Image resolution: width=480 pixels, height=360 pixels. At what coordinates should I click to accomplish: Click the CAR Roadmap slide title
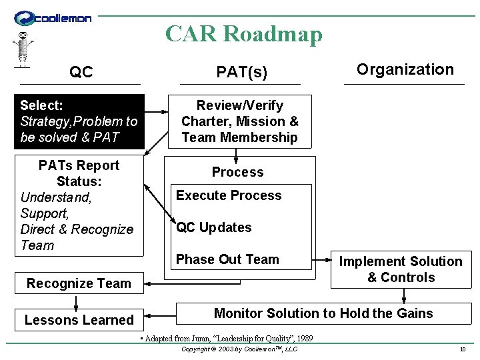[x=243, y=33]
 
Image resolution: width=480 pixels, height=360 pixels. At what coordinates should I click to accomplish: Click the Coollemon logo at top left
[x=53, y=19]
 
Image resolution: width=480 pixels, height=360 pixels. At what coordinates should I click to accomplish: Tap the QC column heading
[x=81, y=72]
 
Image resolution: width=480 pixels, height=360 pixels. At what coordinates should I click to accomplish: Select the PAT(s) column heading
[x=241, y=72]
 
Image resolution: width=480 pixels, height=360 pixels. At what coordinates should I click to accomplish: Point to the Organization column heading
[x=405, y=69]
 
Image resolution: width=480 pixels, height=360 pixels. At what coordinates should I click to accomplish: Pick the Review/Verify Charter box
[x=240, y=121]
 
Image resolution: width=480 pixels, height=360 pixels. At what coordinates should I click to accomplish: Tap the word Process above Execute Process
[x=237, y=172]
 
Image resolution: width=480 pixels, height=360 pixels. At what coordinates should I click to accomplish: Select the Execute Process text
[x=229, y=195]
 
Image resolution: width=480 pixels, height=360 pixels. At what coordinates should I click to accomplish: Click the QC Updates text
[x=213, y=227]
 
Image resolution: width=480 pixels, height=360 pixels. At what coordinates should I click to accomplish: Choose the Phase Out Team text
[x=227, y=259]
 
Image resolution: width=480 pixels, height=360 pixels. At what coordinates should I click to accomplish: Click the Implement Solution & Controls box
[x=401, y=269]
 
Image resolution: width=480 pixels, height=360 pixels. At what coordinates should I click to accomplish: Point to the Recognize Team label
[x=79, y=283]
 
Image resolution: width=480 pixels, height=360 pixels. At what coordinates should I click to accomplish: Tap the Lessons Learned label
[x=79, y=320]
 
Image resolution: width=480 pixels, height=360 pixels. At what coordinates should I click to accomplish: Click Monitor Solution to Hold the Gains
[x=323, y=313]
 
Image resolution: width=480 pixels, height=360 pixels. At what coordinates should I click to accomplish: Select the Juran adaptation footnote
[x=227, y=339]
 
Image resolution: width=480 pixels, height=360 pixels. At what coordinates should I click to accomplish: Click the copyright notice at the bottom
[x=239, y=349]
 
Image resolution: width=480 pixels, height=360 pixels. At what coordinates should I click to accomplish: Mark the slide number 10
[x=462, y=349]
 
